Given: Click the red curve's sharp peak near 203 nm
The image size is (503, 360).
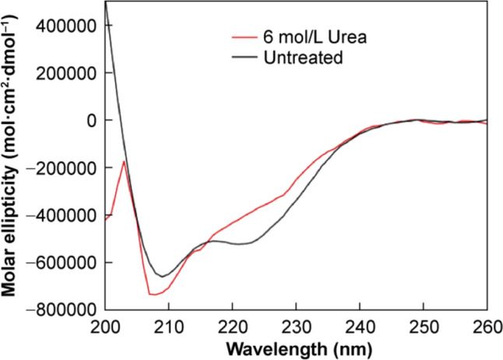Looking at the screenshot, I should point(124,161).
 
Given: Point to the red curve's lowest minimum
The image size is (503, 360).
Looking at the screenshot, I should point(153,294).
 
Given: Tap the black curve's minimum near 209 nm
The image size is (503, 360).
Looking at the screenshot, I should point(162,276).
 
